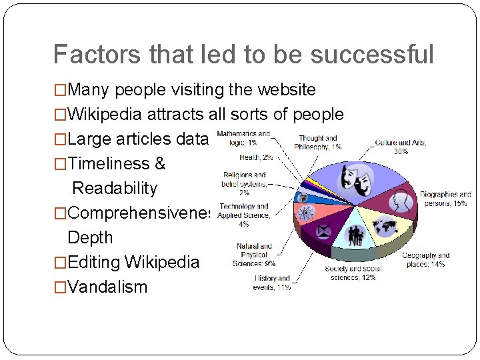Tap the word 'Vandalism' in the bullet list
[x=107, y=287]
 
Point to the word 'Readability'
[x=115, y=188]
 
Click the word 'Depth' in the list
[x=90, y=237]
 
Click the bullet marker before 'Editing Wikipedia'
[x=60, y=263]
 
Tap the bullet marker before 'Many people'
[x=60, y=89]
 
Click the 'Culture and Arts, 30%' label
[x=401, y=147]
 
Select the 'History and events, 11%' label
[x=271, y=283]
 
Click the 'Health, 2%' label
[x=257, y=157]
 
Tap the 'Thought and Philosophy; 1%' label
[x=318, y=143]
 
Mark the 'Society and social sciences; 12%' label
[x=352, y=273]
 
